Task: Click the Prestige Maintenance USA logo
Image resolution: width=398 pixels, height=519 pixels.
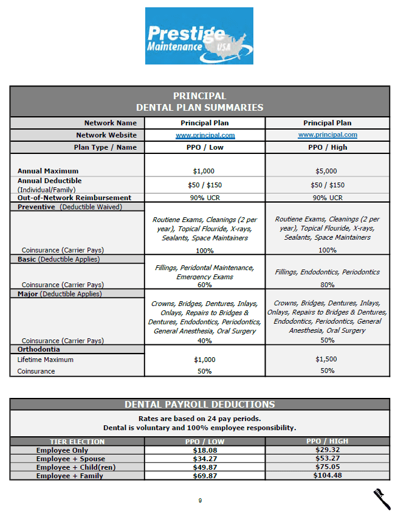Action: point(199,36)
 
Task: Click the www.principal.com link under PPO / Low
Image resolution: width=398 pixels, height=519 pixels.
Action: point(205,136)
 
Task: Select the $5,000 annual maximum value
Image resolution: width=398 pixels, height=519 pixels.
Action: point(328,171)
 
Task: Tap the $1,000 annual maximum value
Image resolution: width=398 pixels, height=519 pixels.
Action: point(204,171)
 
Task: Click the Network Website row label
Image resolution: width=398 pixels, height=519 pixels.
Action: point(106,135)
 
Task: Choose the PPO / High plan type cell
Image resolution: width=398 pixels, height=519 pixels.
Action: point(328,147)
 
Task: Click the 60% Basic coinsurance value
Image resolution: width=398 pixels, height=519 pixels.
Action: point(205,285)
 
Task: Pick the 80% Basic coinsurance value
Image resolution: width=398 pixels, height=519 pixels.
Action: point(328,284)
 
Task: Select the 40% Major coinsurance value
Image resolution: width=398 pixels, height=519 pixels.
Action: point(205,341)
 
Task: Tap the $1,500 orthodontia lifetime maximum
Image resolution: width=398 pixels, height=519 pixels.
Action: point(328,359)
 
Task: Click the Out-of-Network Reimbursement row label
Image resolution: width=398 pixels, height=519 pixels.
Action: point(74,198)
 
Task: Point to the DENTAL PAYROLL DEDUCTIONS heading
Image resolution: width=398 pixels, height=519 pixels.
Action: point(199,405)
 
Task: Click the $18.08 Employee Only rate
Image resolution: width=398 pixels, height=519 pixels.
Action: point(205,450)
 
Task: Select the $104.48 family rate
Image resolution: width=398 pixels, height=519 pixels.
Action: point(328,475)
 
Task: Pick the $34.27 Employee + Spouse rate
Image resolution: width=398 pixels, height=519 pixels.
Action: point(205,459)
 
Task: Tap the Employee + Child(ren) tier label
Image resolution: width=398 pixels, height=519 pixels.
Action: point(75,467)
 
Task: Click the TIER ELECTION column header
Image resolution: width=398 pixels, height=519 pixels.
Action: point(77,442)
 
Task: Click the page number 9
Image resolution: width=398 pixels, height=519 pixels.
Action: point(199,501)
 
